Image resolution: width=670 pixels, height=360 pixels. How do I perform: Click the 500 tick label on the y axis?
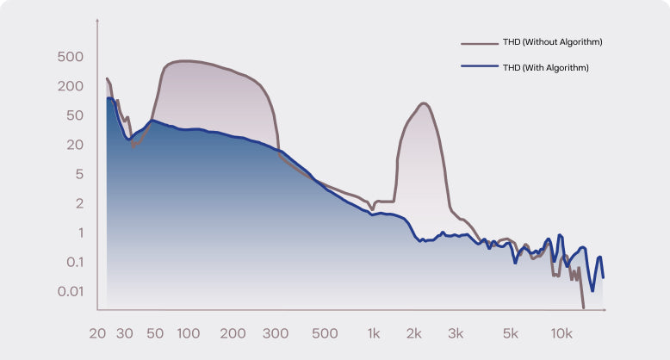[70, 57]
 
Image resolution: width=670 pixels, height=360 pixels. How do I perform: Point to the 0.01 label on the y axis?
[70, 291]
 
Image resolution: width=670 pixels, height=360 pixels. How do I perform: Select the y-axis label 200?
[70, 86]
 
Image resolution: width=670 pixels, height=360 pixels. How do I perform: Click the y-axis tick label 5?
[78, 174]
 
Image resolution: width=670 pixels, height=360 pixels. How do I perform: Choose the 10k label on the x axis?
[562, 333]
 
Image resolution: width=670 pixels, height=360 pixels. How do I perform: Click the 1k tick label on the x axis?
[374, 333]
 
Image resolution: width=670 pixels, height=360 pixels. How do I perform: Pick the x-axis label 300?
[276, 333]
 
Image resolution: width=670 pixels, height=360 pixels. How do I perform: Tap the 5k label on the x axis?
[511, 333]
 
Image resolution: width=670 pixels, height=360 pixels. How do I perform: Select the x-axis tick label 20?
[97, 333]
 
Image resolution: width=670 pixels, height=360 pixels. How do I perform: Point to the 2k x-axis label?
[415, 333]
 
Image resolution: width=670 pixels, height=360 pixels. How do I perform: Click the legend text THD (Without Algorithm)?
[552, 41]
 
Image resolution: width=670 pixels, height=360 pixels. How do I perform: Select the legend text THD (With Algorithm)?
[546, 67]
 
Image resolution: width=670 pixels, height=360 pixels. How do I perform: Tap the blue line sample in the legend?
[480, 67]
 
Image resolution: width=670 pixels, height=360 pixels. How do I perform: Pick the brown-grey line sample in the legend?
[480, 42]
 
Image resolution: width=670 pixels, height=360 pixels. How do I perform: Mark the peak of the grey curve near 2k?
[423, 103]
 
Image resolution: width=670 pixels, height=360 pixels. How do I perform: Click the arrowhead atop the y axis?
[99, 21]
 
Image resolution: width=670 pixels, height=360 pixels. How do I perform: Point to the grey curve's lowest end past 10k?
[583, 307]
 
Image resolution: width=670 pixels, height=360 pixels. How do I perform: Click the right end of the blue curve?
[603, 277]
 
